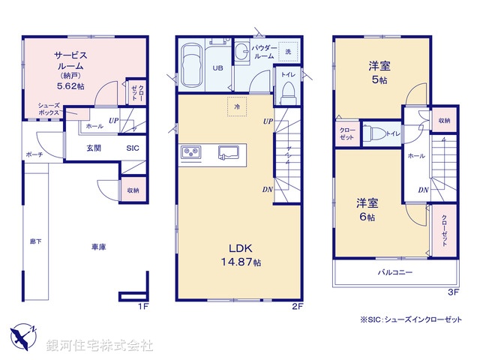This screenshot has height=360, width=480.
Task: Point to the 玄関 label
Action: pos(93,148)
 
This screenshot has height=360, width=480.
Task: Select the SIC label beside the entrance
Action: pos(132,148)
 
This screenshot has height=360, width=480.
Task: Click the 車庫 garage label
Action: pos(97,247)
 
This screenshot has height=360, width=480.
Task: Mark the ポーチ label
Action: pos(34,154)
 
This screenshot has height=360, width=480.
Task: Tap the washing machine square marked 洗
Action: pos(288,51)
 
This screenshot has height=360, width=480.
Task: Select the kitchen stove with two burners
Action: pos(190,153)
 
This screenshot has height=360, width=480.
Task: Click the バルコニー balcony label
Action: pos(394,272)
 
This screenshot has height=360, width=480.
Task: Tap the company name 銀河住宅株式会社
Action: pos(100,345)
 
